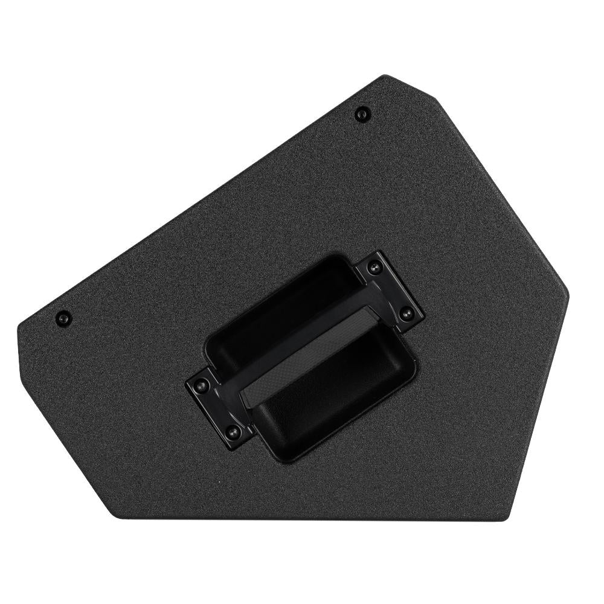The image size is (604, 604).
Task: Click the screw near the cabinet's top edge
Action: click(x=362, y=112)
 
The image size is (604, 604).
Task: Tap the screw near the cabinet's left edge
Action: click(x=63, y=318)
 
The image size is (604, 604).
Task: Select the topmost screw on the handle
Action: click(x=377, y=266)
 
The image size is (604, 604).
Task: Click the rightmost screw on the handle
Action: click(x=406, y=313)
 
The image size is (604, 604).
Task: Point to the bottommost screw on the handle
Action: click(x=231, y=431)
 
